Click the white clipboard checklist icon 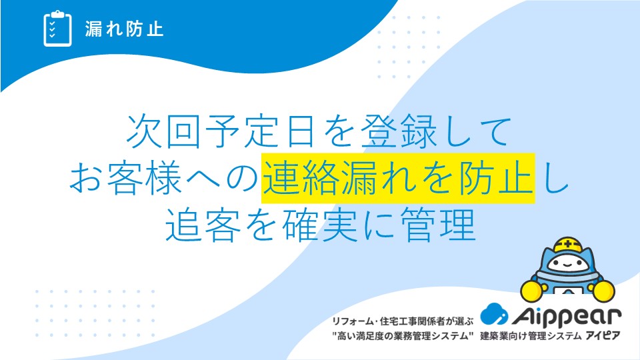click(x=57, y=29)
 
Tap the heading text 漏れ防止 click(x=125, y=29)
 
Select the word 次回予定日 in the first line click(x=221, y=131)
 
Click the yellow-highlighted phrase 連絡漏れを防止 click(x=398, y=179)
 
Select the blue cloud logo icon click(x=494, y=314)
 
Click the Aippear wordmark click(x=567, y=317)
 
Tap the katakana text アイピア click(x=603, y=336)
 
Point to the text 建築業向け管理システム click(x=530, y=336)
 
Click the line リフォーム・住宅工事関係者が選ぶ click(x=403, y=321)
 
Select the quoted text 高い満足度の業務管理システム click(x=403, y=336)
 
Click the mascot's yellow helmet click(x=568, y=245)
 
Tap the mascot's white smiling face click(x=567, y=264)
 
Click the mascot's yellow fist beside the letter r click(x=603, y=291)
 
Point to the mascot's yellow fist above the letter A click(x=532, y=291)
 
